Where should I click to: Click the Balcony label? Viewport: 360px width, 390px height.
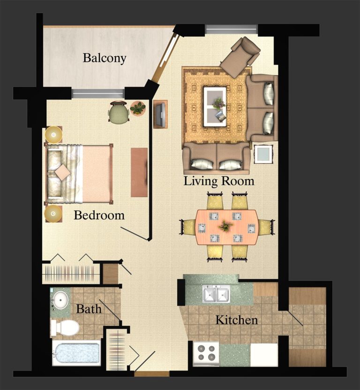[x=105, y=59]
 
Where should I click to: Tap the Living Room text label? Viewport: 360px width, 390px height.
[x=219, y=181]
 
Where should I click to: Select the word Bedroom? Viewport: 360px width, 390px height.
[x=99, y=215]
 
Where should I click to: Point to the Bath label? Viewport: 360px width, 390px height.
[x=89, y=309]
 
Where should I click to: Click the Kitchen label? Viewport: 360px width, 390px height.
[x=236, y=321]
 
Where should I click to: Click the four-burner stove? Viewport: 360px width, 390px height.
[x=206, y=353]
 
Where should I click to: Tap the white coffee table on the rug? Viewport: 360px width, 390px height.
[x=215, y=106]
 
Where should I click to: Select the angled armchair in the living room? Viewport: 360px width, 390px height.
[x=240, y=56]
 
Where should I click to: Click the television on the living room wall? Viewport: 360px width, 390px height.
[x=160, y=114]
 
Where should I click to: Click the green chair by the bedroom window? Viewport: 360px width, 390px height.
[x=118, y=113]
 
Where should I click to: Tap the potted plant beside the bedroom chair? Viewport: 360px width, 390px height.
[x=138, y=109]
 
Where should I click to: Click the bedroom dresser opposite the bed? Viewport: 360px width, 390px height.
[x=139, y=172]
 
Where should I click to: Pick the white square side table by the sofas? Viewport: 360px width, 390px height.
[x=263, y=154]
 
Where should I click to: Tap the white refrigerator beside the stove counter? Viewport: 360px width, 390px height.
[x=263, y=354]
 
